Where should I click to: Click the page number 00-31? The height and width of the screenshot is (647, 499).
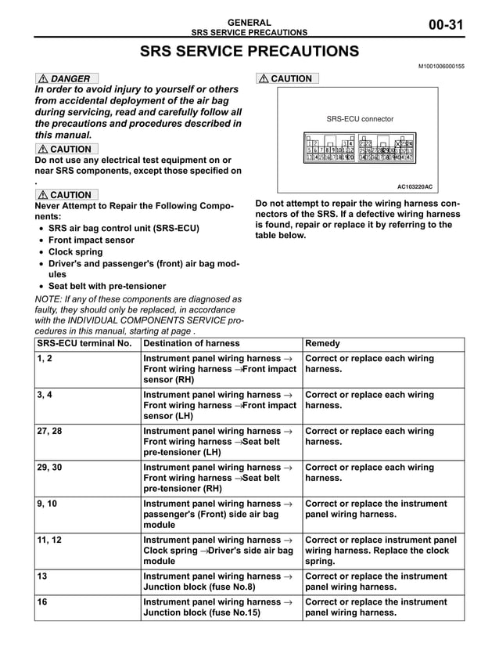(447, 26)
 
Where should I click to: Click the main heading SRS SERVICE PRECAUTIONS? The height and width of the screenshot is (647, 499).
(249, 52)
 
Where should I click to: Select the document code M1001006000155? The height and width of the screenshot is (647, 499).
(442, 67)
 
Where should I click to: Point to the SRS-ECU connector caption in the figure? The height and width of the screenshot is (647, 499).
(360, 119)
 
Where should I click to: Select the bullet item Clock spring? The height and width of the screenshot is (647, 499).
(75, 252)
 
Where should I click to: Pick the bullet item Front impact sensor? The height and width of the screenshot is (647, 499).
(92, 240)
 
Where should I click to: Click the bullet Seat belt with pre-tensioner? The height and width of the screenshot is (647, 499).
(107, 286)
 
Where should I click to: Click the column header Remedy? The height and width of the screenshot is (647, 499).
(322, 343)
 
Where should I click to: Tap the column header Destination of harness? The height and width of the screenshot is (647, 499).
(192, 343)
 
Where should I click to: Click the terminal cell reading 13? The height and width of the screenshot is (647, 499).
(42, 576)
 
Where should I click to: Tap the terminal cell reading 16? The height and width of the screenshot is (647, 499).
(42, 602)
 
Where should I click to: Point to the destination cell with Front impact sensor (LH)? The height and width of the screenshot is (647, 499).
(220, 406)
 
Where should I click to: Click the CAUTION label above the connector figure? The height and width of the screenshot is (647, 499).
(287, 78)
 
